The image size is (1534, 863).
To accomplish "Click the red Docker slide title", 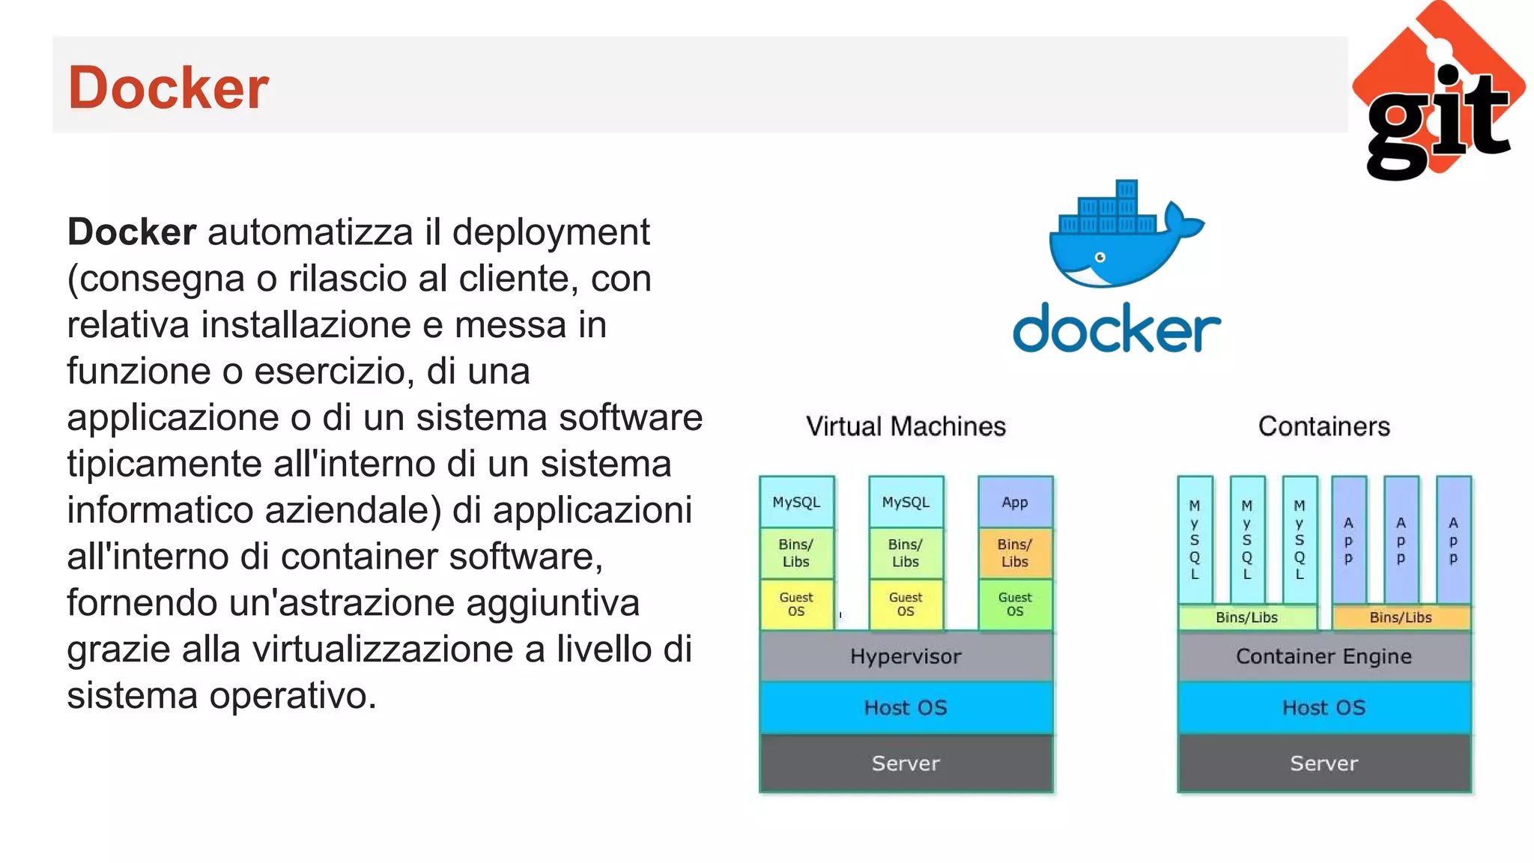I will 168,88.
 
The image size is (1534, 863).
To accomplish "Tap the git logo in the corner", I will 1438,94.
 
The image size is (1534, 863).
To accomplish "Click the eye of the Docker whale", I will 1100,258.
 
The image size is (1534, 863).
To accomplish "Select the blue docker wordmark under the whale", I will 1116,328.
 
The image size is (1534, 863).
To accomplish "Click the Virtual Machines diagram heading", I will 906,426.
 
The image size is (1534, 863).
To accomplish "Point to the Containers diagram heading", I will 1324,426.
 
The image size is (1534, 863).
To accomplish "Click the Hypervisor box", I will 906,656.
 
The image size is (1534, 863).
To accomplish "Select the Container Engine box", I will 1324,656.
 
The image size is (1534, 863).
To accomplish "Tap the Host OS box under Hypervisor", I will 906,707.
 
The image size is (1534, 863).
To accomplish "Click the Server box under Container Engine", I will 1324,763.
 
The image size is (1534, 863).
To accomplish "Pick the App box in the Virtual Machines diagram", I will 1015,502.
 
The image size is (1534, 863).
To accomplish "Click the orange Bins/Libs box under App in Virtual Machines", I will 1015,553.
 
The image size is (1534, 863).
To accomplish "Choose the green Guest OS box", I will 1015,604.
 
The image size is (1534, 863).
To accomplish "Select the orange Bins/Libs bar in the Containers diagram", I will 1401,617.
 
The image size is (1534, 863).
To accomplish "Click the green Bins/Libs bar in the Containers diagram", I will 1246,617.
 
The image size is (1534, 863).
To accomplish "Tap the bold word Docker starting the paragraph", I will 132,232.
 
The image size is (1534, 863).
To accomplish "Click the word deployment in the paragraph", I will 551,232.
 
